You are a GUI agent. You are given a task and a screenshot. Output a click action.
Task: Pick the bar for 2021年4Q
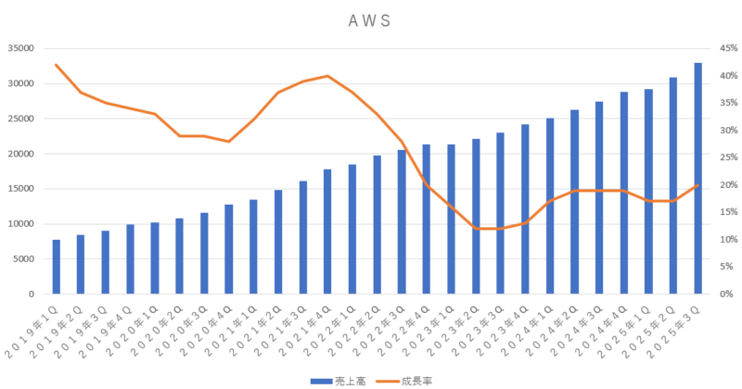[x=328, y=232]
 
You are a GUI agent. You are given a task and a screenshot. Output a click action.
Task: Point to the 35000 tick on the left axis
[x=20, y=49]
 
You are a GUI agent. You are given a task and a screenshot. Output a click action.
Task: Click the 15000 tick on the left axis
[x=20, y=189]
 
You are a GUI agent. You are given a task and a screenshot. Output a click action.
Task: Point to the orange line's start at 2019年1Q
[x=57, y=65]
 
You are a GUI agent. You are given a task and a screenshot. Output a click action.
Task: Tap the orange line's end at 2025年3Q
[x=697, y=185]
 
